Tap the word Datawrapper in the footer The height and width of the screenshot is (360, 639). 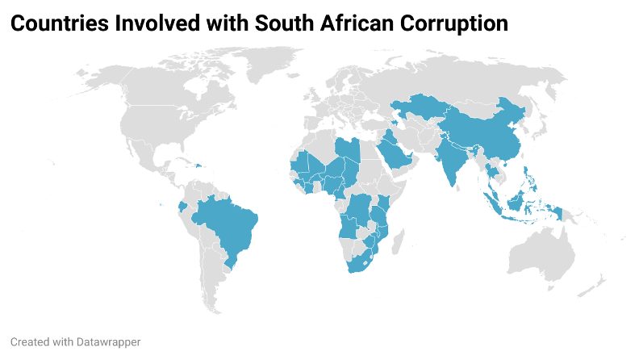tap(101, 342)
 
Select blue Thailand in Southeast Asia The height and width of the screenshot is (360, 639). tap(492, 170)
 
